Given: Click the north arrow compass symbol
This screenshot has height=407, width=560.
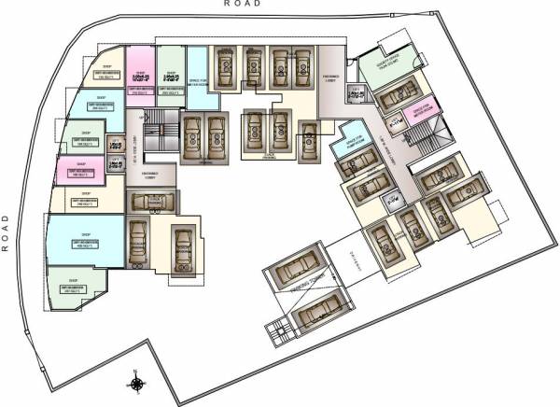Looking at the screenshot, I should (137, 383).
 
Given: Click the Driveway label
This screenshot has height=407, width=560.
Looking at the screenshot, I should (353, 266).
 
